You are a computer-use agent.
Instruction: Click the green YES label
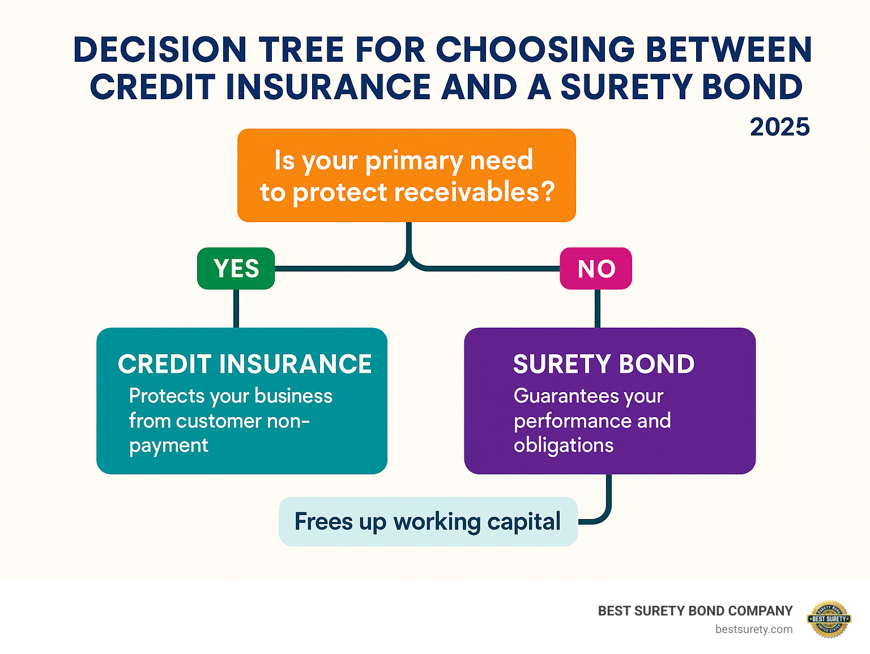236,269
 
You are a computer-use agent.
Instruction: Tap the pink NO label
596,269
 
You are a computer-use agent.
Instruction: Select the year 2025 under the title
779,127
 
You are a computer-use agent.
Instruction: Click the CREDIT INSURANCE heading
245,364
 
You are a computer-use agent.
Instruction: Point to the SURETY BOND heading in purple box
604,364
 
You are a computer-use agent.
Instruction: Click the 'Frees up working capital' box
428,521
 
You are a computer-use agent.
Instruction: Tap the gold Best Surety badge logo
829,619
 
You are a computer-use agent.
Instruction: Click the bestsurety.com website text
753,629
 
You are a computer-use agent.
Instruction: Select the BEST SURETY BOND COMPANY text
695,611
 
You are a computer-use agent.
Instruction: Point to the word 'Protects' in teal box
167,396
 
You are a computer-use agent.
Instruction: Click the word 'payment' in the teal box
168,446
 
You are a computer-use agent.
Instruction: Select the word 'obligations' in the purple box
564,445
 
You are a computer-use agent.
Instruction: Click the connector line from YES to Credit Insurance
236,308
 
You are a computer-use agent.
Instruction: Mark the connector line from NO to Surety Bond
597,308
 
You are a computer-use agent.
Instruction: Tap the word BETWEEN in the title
728,50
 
